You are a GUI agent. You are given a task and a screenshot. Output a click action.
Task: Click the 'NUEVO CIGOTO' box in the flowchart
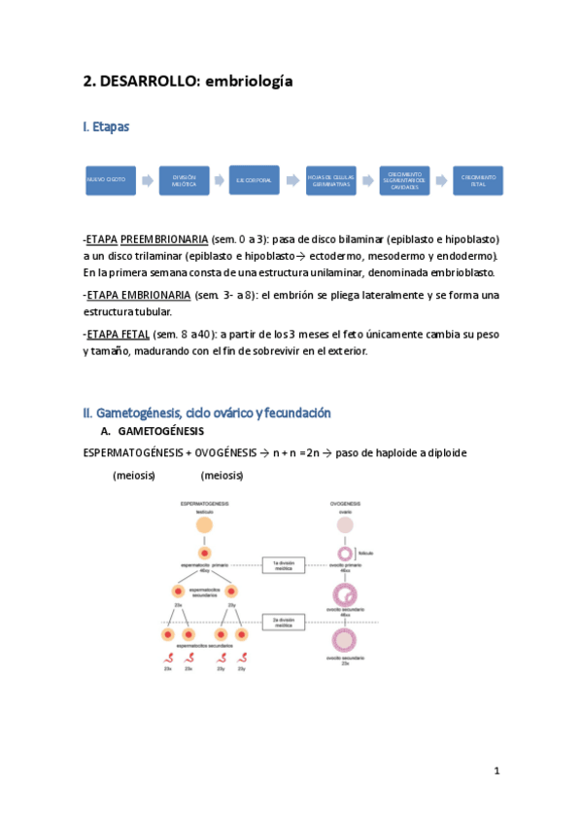pyautogui.click(x=108, y=180)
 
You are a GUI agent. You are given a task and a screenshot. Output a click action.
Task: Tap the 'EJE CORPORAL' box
pyautogui.click(x=257, y=180)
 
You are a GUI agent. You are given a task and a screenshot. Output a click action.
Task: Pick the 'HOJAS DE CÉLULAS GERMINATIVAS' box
pyautogui.click(x=330, y=180)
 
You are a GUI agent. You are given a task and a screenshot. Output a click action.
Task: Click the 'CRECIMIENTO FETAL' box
pyautogui.click(x=478, y=180)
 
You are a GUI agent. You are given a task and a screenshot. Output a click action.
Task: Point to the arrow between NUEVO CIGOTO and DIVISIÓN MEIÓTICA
pyautogui.click(x=146, y=180)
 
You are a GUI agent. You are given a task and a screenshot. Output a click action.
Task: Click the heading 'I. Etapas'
pyautogui.click(x=106, y=126)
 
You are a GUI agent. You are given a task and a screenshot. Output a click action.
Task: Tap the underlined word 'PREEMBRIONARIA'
pyautogui.click(x=163, y=238)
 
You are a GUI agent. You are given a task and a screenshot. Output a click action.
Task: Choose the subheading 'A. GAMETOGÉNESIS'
pyautogui.click(x=158, y=430)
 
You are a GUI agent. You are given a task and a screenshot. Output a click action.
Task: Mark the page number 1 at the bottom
pyautogui.click(x=496, y=771)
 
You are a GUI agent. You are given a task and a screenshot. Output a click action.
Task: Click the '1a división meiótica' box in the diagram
pyautogui.click(x=282, y=564)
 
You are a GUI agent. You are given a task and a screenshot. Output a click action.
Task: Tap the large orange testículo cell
pyautogui.click(x=204, y=526)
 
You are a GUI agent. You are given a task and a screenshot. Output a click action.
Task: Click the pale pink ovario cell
pyautogui.click(x=345, y=525)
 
